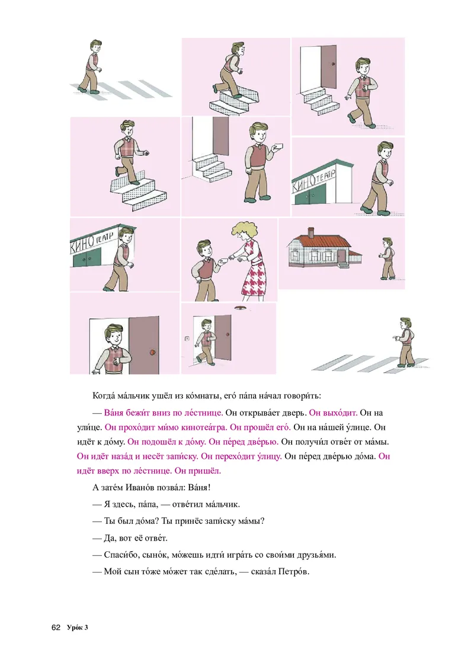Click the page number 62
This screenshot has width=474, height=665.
click(x=56, y=628)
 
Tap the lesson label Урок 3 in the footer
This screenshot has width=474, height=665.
click(x=78, y=628)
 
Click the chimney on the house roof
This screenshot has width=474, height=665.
click(x=311, y=232)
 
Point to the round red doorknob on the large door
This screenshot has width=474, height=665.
click(x=152, y=351)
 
